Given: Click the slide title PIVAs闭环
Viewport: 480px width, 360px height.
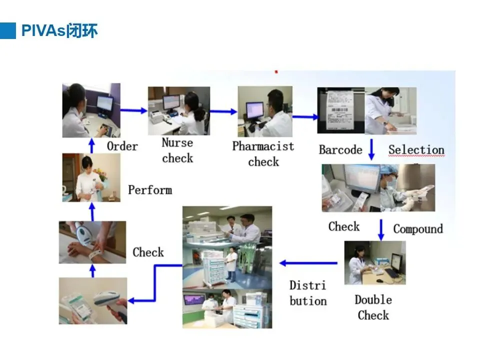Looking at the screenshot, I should coord(59,31).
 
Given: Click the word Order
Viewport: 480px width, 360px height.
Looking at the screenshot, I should coord(122,146).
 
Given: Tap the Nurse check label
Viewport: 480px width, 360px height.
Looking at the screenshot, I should coord(177,150).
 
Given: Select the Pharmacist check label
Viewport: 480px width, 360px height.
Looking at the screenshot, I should coord(263,153).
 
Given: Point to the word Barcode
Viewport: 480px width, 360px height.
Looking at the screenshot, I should coord(340,150).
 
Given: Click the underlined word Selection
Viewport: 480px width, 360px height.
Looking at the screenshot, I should coord(416,149).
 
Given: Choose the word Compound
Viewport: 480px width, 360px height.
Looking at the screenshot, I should coord(418,229).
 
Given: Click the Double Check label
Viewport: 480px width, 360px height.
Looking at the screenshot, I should coord(373,307).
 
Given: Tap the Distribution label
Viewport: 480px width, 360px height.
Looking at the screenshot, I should coord(308,293).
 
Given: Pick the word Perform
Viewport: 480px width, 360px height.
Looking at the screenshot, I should coord(149,190).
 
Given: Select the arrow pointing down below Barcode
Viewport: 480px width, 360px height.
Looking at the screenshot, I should coord(371,149).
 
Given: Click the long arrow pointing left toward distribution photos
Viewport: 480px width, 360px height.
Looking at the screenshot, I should coord(308,263).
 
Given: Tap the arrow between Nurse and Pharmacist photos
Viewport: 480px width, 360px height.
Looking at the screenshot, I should coord(223,111).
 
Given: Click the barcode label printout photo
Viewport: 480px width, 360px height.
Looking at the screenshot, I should coord(340,111).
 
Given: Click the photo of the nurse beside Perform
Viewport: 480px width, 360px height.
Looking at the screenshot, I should coord(91,177).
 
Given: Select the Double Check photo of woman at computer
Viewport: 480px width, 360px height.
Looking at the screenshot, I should coord(374,263).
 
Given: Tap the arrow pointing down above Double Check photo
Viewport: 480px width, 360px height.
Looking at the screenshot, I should coord(381,229).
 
